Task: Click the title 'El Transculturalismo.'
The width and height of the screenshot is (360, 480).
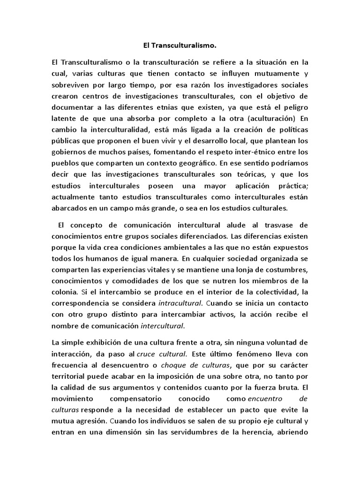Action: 180,46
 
